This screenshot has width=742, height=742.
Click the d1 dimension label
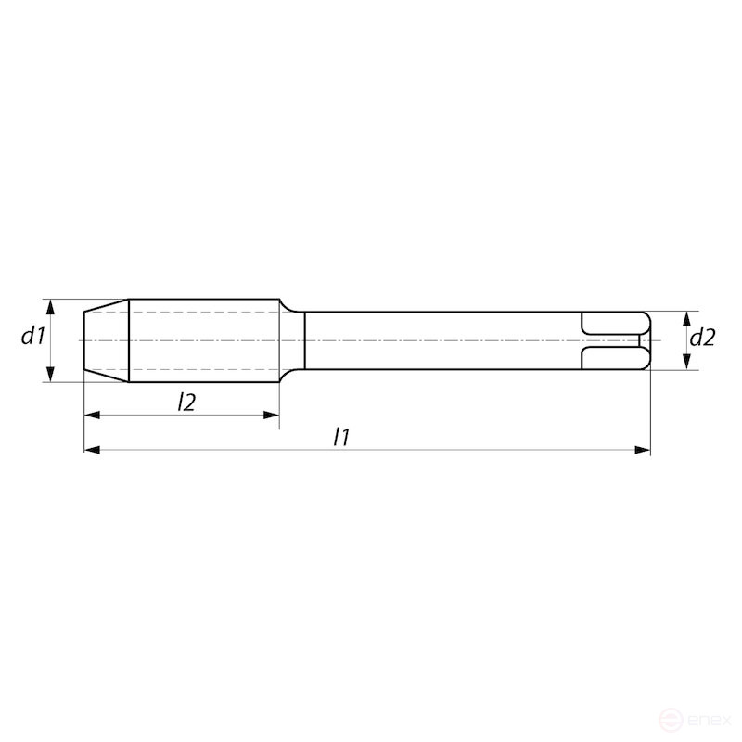pos(33,337)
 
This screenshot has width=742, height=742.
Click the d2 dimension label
pos(703,339)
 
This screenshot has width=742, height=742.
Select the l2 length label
pos(186,401)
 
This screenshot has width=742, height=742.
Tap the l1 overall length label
pos(341,437)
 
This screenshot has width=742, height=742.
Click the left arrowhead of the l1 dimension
pos(91,450)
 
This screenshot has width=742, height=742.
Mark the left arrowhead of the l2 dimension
pos(91,415)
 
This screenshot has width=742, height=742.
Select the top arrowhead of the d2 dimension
pos(686,317)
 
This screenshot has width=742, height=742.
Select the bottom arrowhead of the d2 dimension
pos(686,364)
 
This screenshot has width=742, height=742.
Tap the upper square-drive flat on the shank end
pos(612,324)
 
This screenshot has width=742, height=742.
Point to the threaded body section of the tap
pos(204,340)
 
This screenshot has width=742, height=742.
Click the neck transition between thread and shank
pos(292,340)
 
